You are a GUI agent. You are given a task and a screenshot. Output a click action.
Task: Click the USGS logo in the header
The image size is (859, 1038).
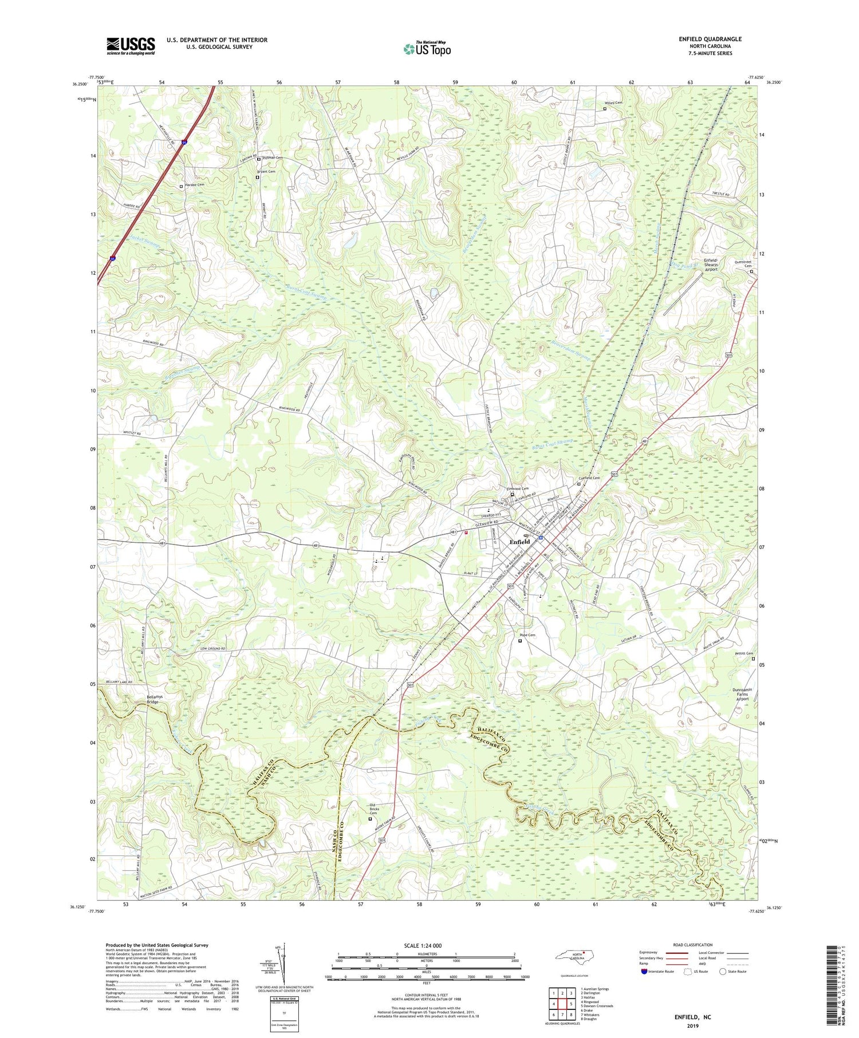tap(131, 46)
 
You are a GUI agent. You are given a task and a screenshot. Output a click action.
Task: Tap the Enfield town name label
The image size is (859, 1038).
tap(520, 542)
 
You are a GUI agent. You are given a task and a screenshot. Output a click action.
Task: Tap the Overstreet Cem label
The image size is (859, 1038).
tap(743, 264)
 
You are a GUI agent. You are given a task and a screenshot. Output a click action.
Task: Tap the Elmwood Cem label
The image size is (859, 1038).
tap(517, 488)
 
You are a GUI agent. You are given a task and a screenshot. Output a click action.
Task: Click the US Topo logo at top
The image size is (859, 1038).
tap(427, 49)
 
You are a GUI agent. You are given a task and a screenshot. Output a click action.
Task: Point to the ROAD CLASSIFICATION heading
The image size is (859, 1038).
tap(693, 945)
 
